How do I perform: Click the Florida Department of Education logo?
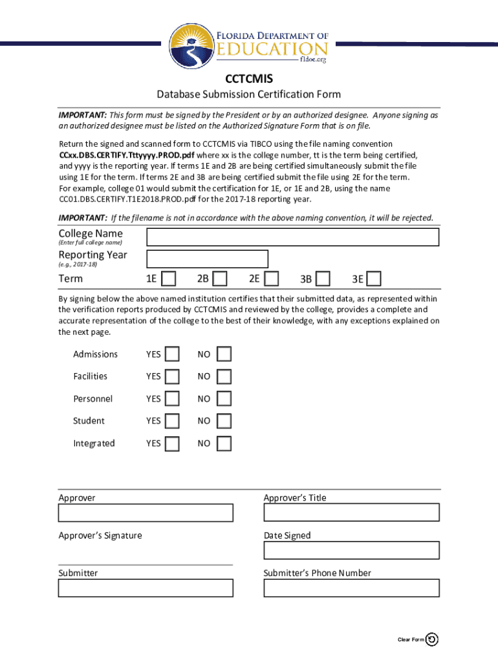coord(249,43)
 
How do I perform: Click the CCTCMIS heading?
coord(249,79)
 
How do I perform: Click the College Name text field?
coord(293,237)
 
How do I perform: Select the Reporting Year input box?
coord(208,259)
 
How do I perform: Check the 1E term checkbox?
coord(168,279)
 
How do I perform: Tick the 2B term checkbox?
coord(220,279)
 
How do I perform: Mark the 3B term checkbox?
coord(323,279)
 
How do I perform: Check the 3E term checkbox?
coord(374,279)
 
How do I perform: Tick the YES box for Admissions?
coord(172,354)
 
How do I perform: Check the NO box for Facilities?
coord(224,376)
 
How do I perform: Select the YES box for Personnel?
coord(172,399)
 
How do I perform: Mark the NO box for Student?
coord(224,421)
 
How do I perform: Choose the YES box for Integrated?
coord(172,443)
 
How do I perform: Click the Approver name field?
coord(146,513)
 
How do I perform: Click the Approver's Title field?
coord(351,513)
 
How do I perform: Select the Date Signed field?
coord(351,550)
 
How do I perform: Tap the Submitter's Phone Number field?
coord(351,588)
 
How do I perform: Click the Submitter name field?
coord(146,588)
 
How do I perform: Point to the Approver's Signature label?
coord(100,535)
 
